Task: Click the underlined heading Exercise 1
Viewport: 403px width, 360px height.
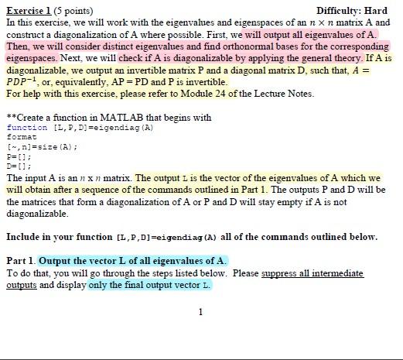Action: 27,11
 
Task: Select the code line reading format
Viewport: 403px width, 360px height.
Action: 21,136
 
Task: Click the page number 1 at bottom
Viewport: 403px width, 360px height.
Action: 200,312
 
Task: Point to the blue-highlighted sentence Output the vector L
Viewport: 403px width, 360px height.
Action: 132,260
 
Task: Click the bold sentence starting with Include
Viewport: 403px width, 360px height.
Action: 191,237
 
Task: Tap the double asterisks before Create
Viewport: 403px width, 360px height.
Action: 9,118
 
